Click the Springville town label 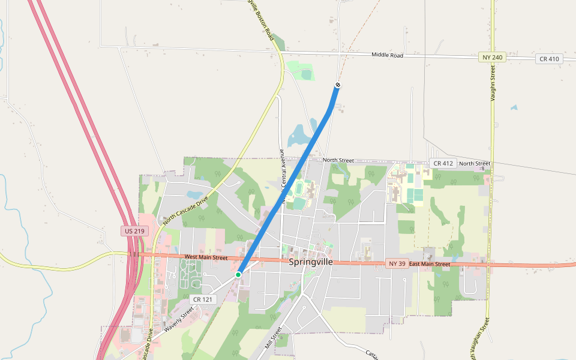[x=311, y=262]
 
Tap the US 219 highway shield [x=133, y=231]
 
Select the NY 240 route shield [x=493, y=57]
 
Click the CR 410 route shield [x=549, y=59]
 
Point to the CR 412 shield [x=443, y=163]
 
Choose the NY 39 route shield [x=397, y=263]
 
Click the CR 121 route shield [x=202, y=299]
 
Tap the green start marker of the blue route [x=238, y=274]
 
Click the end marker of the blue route [x=338, y=85]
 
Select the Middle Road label [x=387, y=55]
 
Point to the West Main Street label [x=206, y=257]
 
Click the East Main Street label [x=430, y=264]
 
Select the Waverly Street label [x=179, y=319]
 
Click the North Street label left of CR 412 [x=338, y=160]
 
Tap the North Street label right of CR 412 [x=475, y=163]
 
